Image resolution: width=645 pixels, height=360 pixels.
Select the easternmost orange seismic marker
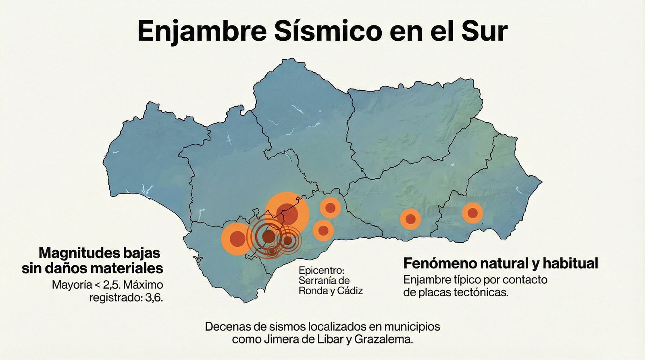coord(472,212)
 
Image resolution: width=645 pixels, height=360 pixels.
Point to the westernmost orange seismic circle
coord(237,239)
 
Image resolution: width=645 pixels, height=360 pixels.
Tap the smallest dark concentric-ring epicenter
coord(273,251)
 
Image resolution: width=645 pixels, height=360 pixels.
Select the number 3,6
coord(154,298)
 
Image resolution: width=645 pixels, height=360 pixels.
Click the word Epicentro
coord(322,270)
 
